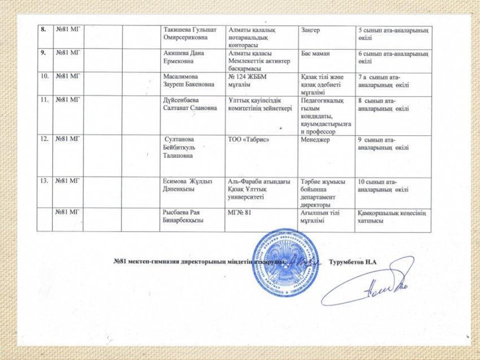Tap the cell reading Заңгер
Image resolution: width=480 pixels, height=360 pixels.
309,29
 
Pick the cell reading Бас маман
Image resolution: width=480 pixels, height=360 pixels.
316,53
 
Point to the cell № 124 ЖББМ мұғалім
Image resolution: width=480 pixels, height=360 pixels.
246,80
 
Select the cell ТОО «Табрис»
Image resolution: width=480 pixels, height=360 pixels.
248,139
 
